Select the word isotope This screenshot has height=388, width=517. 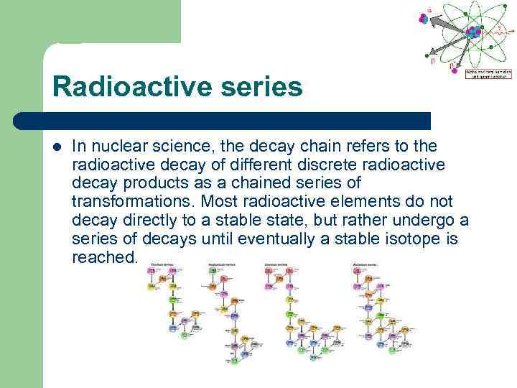(398, 238)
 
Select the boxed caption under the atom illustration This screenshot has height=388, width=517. (488, 73)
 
